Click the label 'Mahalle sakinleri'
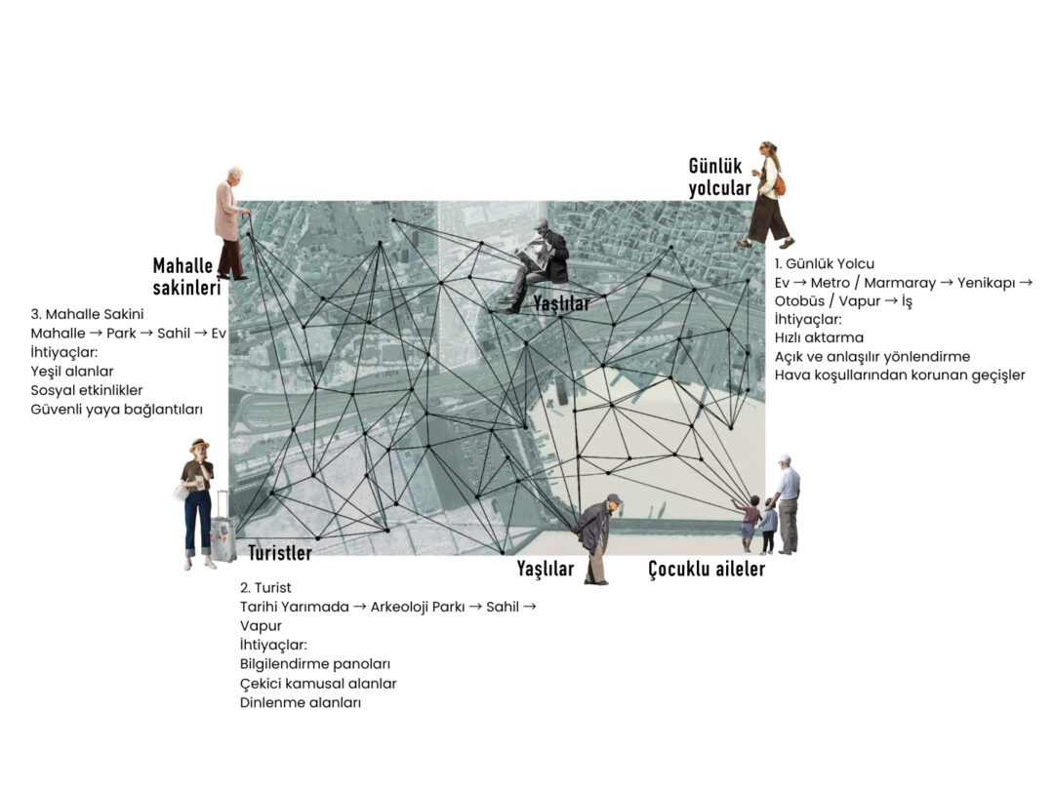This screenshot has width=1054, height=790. (x=186, y=276)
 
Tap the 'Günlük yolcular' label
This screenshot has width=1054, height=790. (x=719, y=178)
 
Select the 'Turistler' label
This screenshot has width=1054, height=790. (x=280, y=553)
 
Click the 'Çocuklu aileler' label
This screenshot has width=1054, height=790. (x=707, y=569)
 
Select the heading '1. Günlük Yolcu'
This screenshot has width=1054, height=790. (x=824, y=264)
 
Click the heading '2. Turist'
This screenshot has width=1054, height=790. (x=265, y=588)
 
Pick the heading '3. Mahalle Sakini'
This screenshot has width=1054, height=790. (x=87, y=314)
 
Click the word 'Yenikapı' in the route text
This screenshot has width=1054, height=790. (x=986, y=283)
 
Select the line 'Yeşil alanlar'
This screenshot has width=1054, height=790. (x=72, y=372)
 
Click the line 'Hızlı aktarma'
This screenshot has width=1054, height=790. (x=819, y=337)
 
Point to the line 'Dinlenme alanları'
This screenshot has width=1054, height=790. (x=301, y=702)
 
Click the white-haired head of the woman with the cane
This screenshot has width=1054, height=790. (x=234, y=176)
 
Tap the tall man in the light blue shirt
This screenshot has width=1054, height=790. (x=788, y=504)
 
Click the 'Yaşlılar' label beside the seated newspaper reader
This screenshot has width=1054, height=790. (x=561, y=303)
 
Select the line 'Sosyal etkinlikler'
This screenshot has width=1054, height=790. (x=87, y=390)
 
